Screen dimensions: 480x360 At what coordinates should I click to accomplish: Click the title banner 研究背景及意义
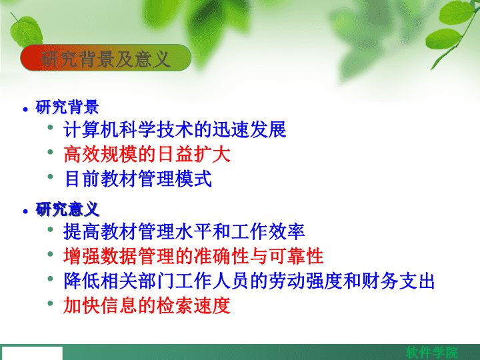click(x=105, y=58)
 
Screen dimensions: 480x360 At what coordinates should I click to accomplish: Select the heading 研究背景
click(x=67, y=107)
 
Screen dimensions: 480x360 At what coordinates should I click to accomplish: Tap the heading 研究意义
click(x=67, y=209)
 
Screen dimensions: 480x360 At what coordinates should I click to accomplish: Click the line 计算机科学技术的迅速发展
click(x=175, y=129)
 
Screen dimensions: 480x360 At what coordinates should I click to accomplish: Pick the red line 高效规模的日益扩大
click(x=147, y=154)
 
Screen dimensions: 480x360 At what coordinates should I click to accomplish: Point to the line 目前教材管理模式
click(x=138, y=179)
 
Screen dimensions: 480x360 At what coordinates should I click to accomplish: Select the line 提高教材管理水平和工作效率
click(x=184, y=231)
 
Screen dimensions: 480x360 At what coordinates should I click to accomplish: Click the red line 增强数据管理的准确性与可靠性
click(x=193, y=256)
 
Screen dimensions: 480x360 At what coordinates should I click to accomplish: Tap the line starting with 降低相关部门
click(x=249, y=281)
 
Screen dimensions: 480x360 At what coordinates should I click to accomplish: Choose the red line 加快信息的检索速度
click(x=147, y=305)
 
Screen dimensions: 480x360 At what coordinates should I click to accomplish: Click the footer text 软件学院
click(x=432, y=353)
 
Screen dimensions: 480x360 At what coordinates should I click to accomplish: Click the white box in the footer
click(x=32, y=353)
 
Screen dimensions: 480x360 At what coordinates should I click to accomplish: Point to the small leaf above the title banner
click(x=26, y=31)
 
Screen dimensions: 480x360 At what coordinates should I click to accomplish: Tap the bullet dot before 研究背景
click(x=25, y=109)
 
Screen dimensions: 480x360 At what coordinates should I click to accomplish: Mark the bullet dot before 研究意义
click(x=25, y=211)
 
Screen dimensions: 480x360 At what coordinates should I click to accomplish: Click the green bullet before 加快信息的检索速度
click(x=51, y=303)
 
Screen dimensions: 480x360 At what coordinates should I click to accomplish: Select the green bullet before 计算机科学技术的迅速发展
click(x=51, y=127)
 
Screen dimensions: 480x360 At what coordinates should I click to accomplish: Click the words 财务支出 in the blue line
click(x=397, y=281)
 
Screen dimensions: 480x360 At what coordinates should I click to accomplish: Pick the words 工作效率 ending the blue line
click(x=268, y=231)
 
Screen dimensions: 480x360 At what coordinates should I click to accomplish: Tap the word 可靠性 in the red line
click(x=296, y=256)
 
